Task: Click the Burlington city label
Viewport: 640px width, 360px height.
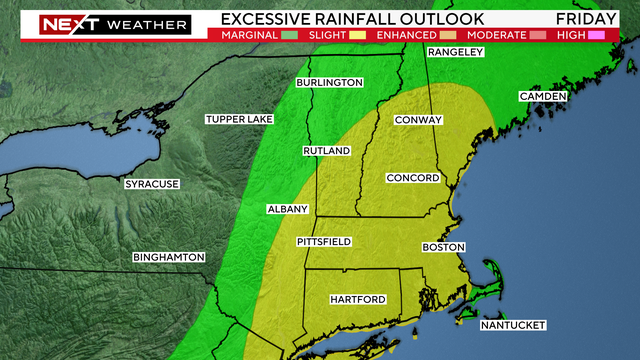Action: point(328,82)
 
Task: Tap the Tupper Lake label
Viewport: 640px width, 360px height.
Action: point(239,119)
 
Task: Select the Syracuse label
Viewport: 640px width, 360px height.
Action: point(151,184)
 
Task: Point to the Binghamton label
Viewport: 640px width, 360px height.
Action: point(168,257)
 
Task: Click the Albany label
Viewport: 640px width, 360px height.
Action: point(287,209)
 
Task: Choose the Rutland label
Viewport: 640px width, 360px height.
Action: point(327,151)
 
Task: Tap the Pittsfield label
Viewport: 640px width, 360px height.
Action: point(324,242)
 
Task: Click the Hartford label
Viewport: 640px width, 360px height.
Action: point(358,299)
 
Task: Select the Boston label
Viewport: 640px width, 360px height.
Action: point(444,246)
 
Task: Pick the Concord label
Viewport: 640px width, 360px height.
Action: point(413,178)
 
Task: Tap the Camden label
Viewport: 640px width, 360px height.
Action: point(542,96)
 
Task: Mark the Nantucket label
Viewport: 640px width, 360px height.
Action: point(513,325)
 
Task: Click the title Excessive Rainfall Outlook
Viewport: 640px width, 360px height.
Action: point(352,18)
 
